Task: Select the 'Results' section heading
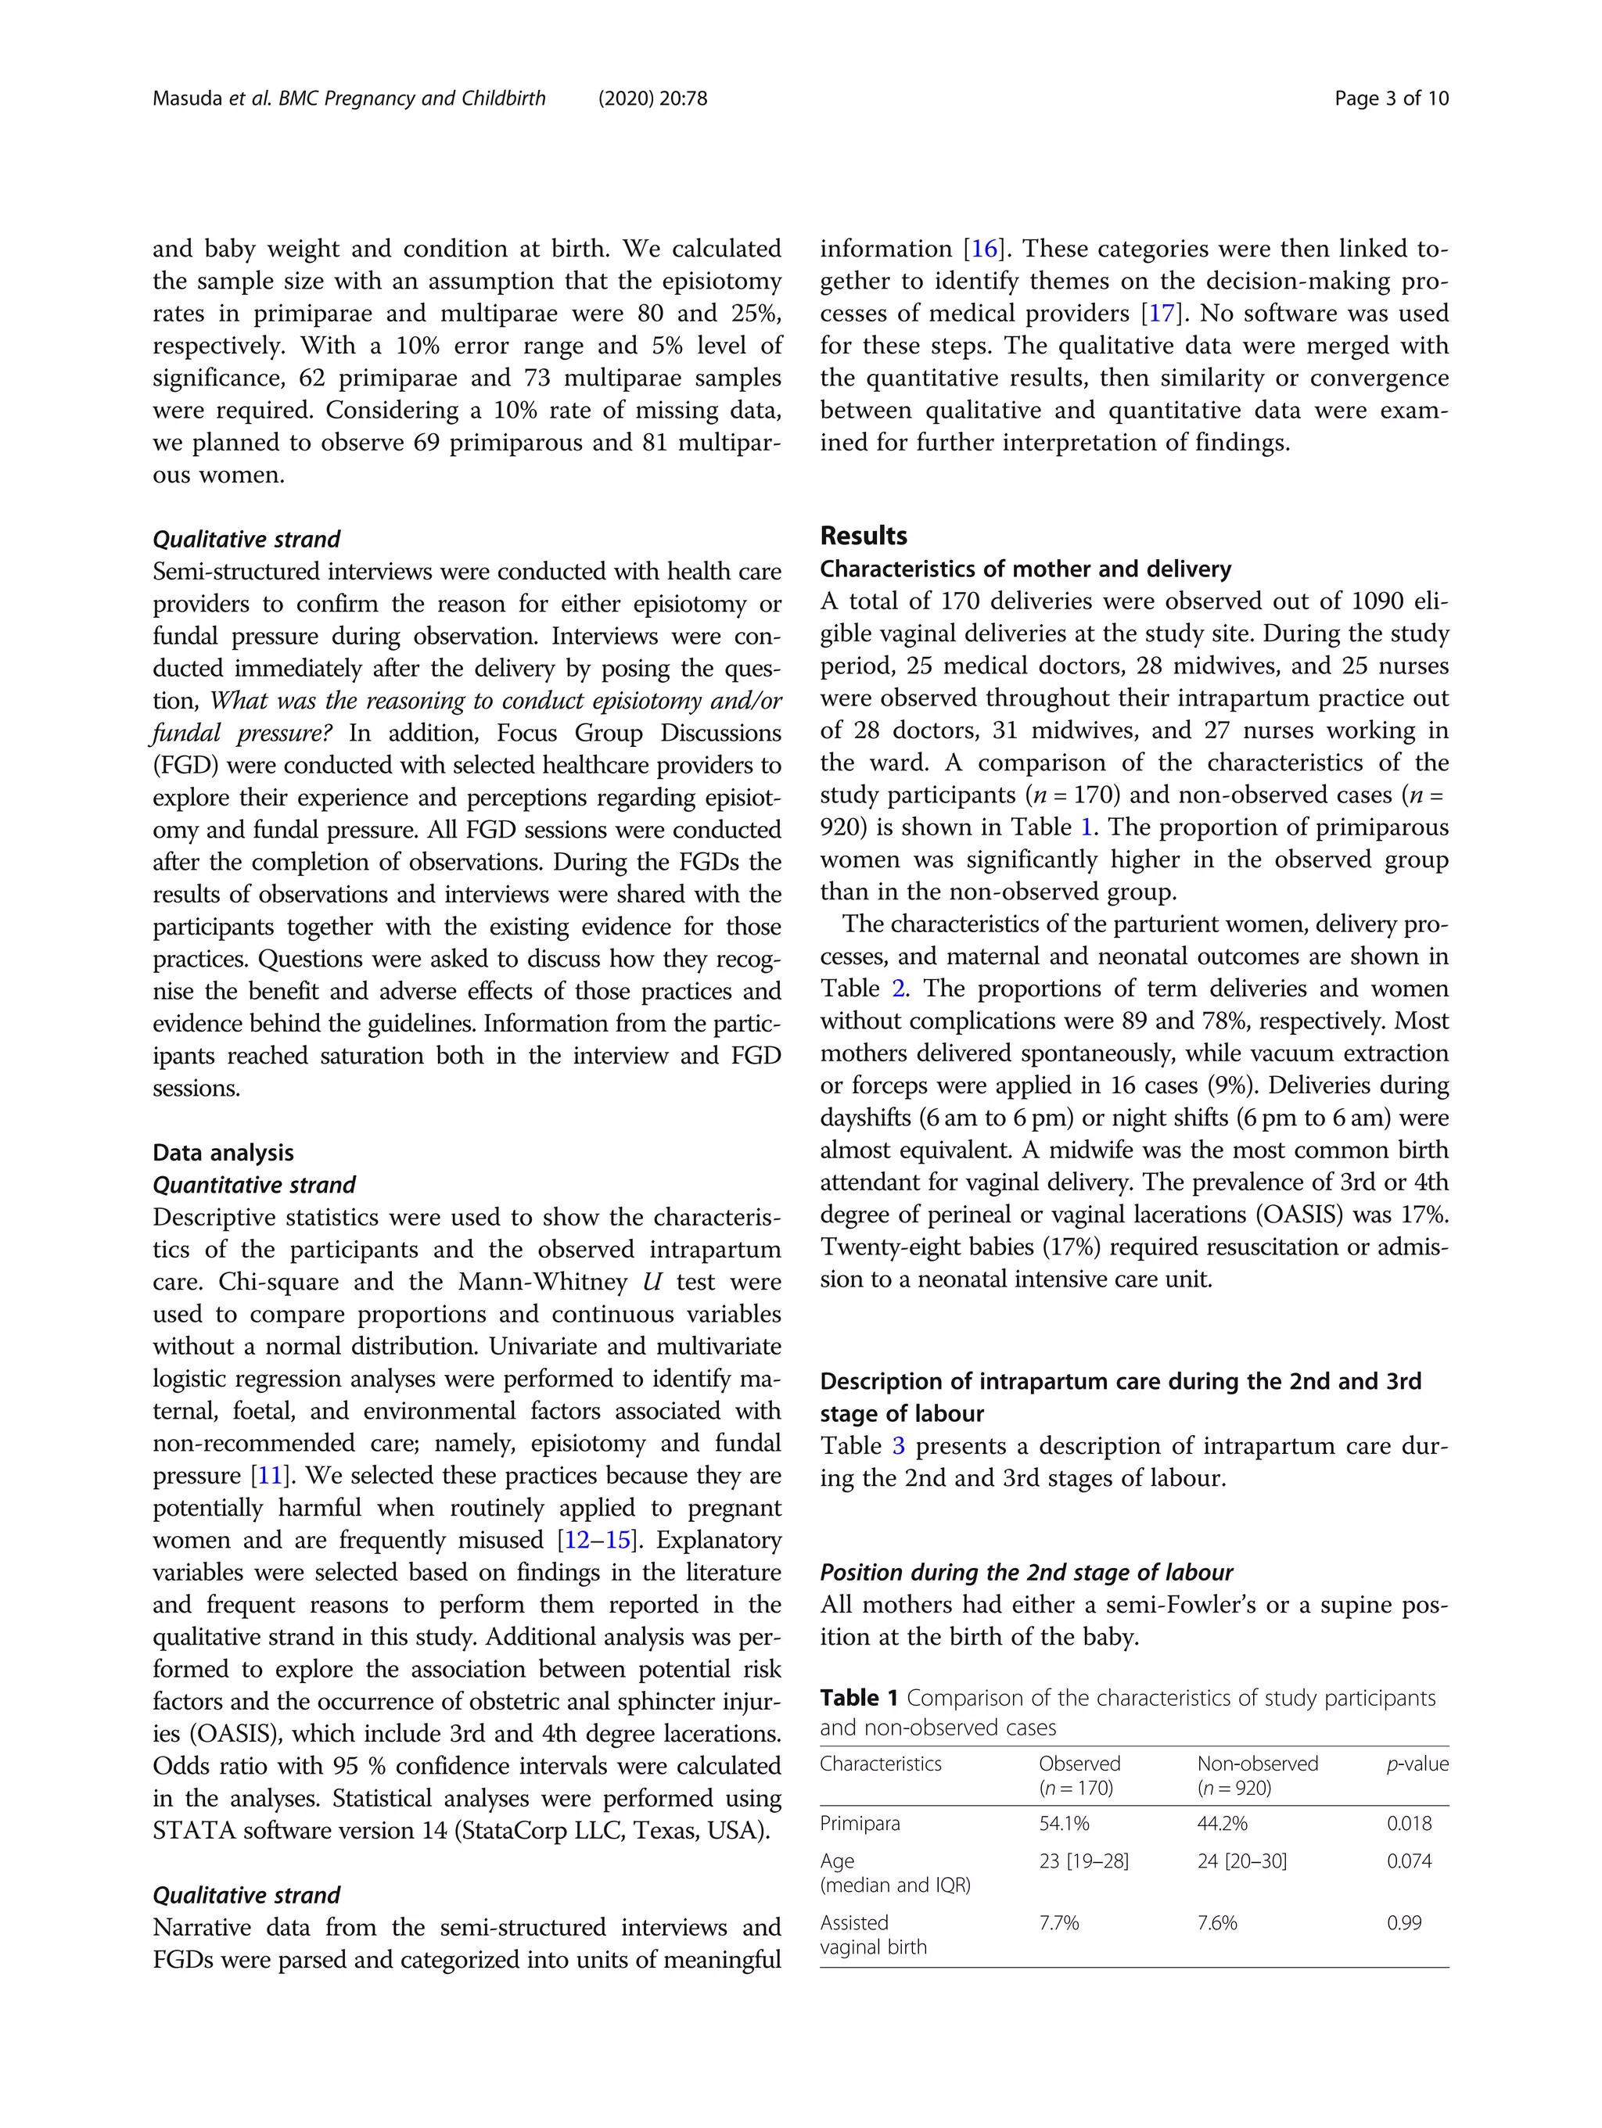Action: pos(863,536)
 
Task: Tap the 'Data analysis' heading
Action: pos(223,1153)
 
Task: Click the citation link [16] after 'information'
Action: pos(984,249)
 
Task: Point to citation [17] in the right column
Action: pos(1162,314)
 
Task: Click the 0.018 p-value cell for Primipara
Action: pos(1409,1824)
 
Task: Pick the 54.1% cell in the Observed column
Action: pos(1063,1824)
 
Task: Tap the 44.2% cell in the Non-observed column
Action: pos(1222,1824)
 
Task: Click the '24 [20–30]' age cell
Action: pos(1241,1861)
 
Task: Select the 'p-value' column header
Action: pos(1417,1764)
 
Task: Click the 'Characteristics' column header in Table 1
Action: pos(880,1764)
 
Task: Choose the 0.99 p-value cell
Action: pos(1404,1923)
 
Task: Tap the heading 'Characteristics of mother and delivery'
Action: pos(1025,569)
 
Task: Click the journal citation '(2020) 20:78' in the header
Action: pos(652,98)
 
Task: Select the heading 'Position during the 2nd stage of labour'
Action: pos(1025,1572)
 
